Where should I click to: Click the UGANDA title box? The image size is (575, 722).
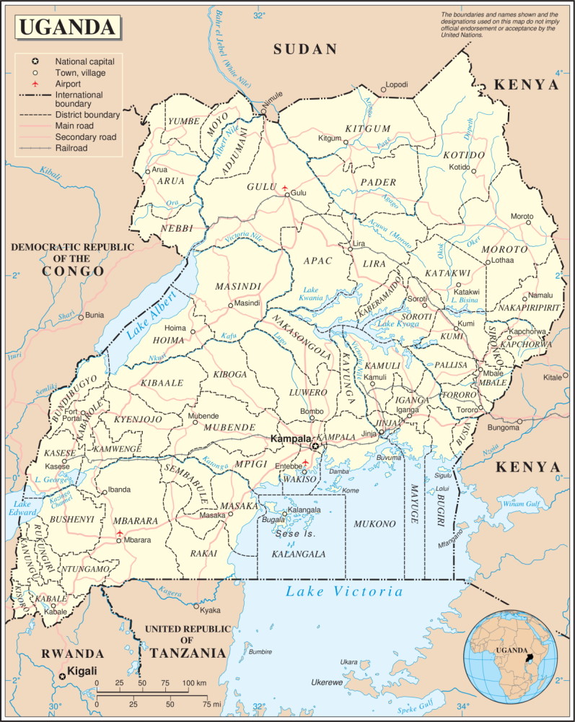[67, 27]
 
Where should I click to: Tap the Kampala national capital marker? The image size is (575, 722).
[315, 447]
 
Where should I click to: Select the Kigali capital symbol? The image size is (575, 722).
[61, 675]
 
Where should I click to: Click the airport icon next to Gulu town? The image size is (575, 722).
[286, 193]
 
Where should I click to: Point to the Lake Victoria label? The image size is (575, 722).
[343, 592]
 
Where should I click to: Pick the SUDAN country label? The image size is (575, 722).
[305, 49]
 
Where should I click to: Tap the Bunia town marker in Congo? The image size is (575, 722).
[81, 316]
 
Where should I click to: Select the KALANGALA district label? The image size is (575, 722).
[298, 554]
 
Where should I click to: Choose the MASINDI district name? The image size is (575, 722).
[237, 287]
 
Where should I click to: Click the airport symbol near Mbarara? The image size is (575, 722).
[120, 533]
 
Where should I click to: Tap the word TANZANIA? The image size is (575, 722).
[188, 653]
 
